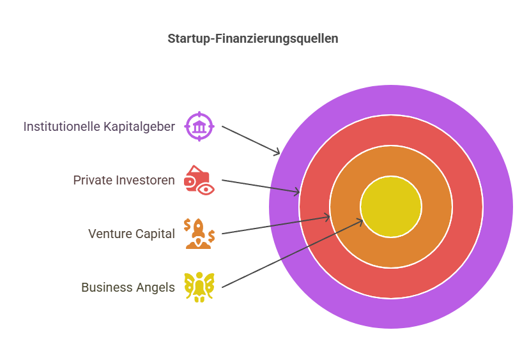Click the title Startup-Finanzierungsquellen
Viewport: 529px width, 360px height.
click(253, 39)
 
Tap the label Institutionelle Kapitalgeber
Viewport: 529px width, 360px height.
click(99, 127)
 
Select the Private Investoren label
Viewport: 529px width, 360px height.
click(124, 180)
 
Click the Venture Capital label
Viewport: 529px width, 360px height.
click(132, 234)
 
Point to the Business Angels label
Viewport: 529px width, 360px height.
click(128, 287)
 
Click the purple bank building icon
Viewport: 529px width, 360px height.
click(199, 126)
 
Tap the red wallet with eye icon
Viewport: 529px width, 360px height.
click(199, 181)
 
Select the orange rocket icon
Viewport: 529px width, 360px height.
click(199, 234)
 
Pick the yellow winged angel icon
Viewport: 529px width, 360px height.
click(199, 287)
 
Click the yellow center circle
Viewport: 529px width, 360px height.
click(391, 207)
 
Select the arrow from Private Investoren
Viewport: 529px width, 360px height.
click(261, 186)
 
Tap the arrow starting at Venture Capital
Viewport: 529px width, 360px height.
click(275, 225)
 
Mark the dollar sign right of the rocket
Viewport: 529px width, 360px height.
click(211, 236)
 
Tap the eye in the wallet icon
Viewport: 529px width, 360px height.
click(206, 190)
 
